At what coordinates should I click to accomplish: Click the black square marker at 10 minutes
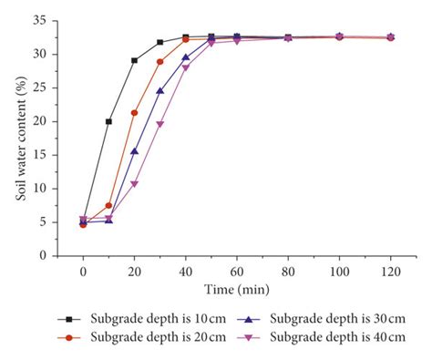pyautogui.click(x=108, y=121)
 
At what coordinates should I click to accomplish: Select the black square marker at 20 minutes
pyautogui.click(x=134, y=60)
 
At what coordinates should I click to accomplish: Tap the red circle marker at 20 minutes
pyautogui.click(x=134, y=113)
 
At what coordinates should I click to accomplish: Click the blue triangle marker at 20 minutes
pyautogui.click(x=134, y=151)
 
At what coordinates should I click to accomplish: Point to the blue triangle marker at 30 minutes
pyautogui.click(x=159, y=90)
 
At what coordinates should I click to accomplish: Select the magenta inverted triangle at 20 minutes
pyautogui.click(x=134, y=184)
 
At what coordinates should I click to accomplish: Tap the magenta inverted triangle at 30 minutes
pyautogui.click(x=159, y=124)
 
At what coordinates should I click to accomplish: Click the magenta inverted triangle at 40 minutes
pyautogui.click(x=186, y=67)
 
